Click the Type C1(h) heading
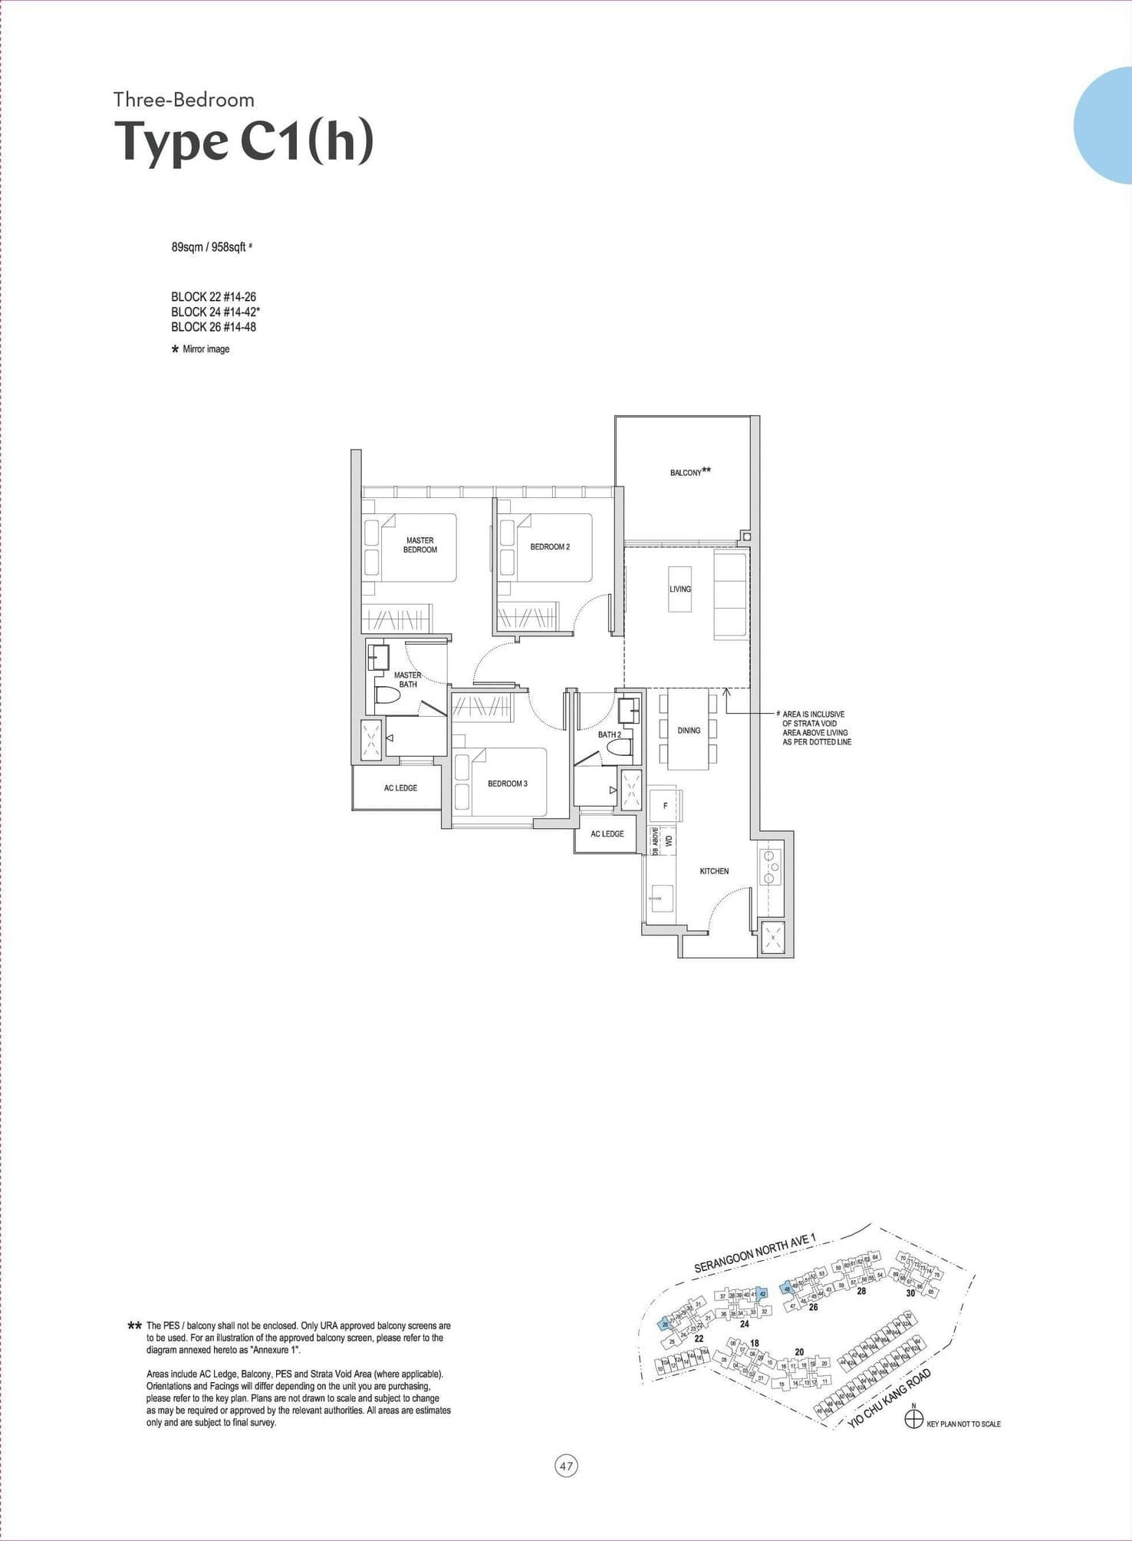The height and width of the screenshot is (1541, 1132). point(244,142)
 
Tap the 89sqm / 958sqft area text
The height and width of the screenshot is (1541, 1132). point(209,247)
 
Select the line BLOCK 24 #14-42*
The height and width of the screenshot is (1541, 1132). point(216,312)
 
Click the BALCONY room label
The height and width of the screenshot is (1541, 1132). point(689,472)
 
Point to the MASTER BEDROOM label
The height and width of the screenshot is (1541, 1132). point(420,545)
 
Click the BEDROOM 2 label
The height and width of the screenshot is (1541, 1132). point(549,547)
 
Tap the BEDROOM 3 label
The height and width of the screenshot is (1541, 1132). point(507,784)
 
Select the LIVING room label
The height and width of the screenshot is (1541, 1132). point(680,589)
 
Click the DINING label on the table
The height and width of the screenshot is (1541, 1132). point(688,731)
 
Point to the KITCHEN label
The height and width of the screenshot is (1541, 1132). point(713,871)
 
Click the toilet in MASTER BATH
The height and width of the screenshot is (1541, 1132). point(387,697)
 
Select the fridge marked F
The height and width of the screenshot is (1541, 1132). point(665,806)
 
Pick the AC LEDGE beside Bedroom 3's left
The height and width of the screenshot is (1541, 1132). point(400,788)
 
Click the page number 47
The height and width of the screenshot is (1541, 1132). point(566,1467)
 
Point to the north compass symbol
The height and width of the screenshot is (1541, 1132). point(913,1419)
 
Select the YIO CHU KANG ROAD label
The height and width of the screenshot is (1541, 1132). point(889,1398)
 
